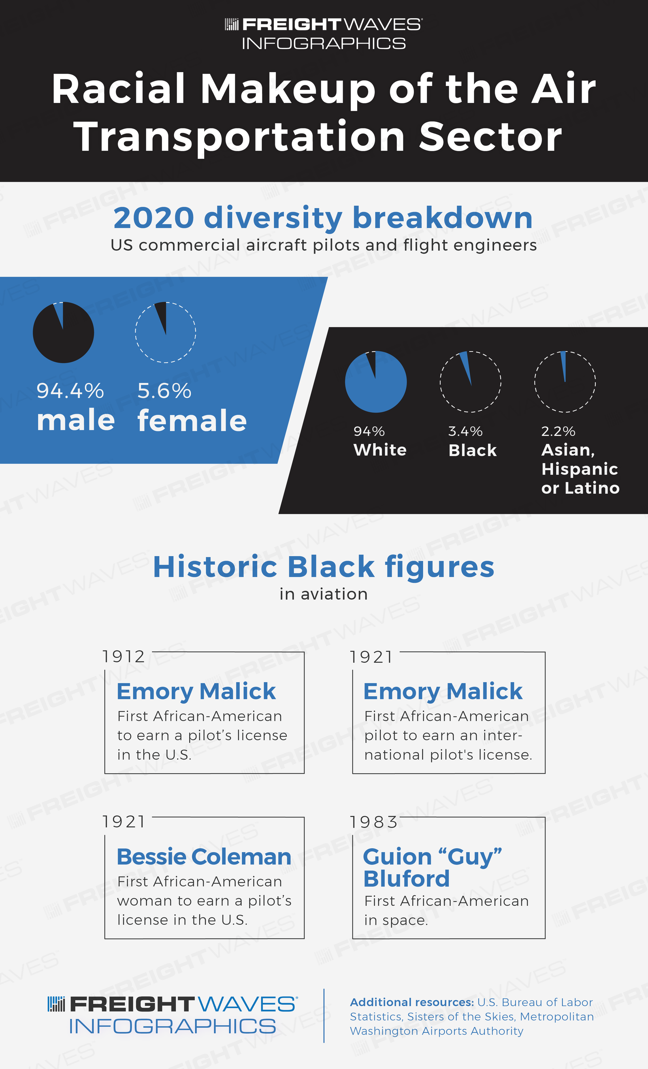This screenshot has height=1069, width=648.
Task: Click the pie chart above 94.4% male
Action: pyautogui.click(x=63, y=332)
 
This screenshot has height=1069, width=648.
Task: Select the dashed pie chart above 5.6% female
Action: pyautogui.click(x=165, y=332)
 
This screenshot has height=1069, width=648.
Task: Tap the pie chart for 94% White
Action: pyautogui.click(x=375, y=381)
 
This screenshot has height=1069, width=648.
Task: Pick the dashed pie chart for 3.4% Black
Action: pyautogui.click(x=471, y=381)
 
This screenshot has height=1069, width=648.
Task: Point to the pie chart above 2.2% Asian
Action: pyautogui.click(x=565, y=381)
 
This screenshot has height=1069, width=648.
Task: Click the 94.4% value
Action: pyautogui.click(x=70, y=391)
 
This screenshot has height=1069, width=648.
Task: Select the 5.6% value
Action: pyautogui.click(x=164, y=391)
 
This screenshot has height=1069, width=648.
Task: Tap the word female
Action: pyautogui.click(x=192, y=420)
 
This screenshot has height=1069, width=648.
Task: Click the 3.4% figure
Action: pyautogui.click(x=465, y=431)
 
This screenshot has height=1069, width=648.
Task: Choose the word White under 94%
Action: pyautogui.click(x=380, y=450)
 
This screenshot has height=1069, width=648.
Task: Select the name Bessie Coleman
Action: pyautogui.click(x=204, y=857)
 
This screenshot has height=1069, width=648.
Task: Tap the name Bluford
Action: pyautogui.click(x=406, y=879)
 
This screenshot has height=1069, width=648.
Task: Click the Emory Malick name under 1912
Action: pyautogui.click(x=196, y=691)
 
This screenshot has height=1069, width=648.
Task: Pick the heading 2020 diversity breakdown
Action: pyautogui.click(x=323, y=218)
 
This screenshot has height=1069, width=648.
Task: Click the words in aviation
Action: pyautogui.click(x=324, y=594)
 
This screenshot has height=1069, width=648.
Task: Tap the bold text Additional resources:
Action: pyautogui.click(x=411, y=1002)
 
